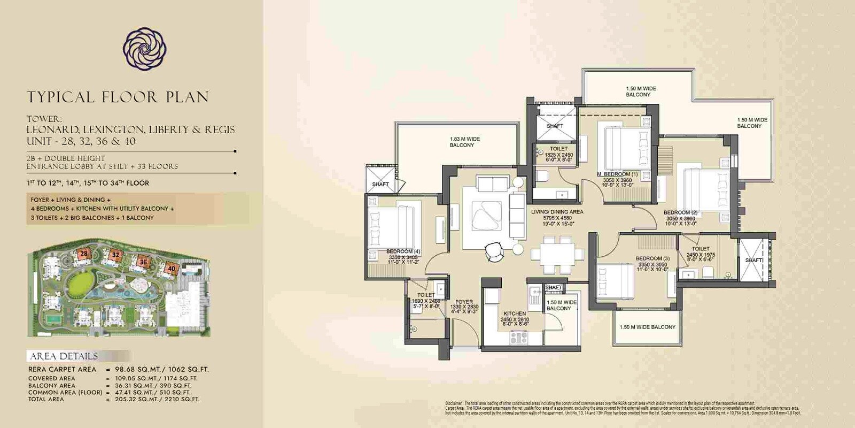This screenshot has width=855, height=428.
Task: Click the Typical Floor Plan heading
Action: tap(118, 97)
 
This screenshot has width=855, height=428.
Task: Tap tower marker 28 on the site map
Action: tap(84, 254)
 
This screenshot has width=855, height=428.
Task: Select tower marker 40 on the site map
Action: tap(171, 269)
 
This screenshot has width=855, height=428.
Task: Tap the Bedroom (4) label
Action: tap(403, 251)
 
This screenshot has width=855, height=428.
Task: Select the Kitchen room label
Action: tap(515, 314)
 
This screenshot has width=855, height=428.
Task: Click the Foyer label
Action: tap(464, 302)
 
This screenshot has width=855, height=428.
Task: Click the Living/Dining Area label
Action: tap(557, 212)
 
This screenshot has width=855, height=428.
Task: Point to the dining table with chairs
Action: tap(557, 254)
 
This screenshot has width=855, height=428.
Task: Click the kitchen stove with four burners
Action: tap(518, 338)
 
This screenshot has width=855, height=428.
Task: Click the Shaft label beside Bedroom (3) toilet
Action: tap(754, 261)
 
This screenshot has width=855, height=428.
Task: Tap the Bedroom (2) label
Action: tap(680, 212)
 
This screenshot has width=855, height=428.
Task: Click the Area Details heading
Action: tap(64, 356)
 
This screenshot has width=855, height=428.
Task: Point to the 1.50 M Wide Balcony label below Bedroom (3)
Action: tap(647, 327)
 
